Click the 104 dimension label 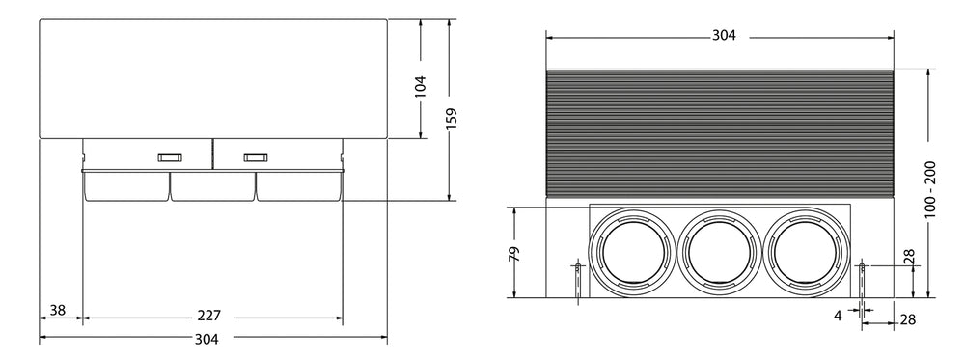tap(421, 88)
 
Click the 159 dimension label tap(453, 119)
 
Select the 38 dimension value tap(58, 310)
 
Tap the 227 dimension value tap(209, 317)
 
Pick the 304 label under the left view tap(207, 339)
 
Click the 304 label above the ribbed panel tap(724, 36)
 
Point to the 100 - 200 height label tap(930, 189)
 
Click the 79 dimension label tap(515, 254)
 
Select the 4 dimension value tap(838, 317)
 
